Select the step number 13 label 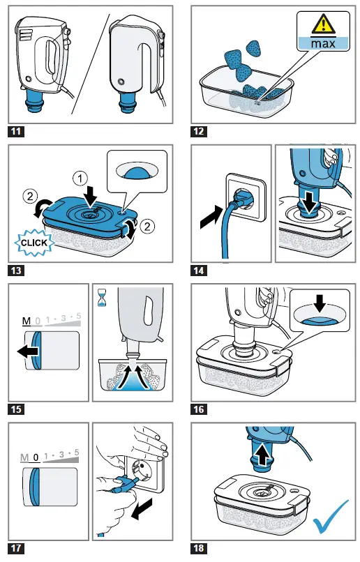[x=15, y=269]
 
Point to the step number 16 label [x=200, y=409]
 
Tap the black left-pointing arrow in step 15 [x=29, y=352]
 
